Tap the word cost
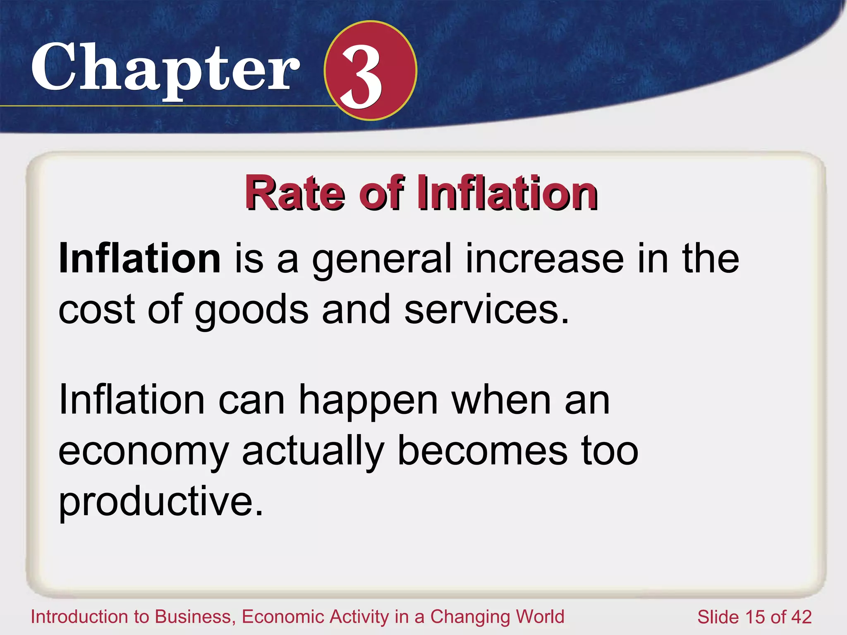(97, 309)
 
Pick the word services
(486, 309)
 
